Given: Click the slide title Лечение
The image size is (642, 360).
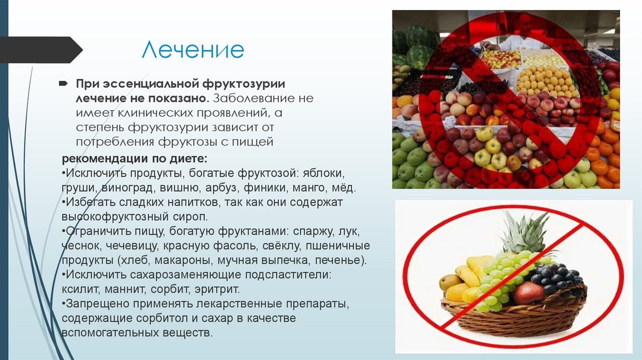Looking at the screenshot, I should point(192,50).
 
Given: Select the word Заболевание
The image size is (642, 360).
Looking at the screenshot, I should point(258,98).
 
